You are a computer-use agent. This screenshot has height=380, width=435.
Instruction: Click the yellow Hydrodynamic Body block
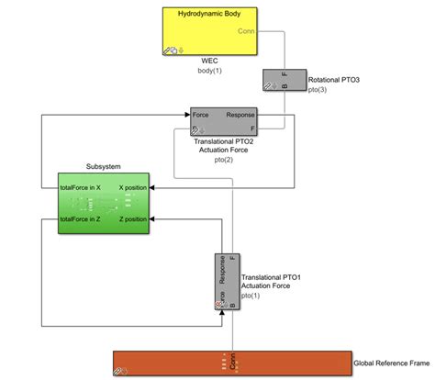210,32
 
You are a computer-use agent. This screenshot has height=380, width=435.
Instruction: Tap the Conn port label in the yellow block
247,31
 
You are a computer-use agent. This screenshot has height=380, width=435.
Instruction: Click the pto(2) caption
223,160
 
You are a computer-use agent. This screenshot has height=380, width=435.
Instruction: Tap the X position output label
132,185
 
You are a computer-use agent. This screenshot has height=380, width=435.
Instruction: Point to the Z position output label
132,220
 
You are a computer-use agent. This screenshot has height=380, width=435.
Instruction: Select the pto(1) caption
251,295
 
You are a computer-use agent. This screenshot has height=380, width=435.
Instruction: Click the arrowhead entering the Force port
186,116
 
